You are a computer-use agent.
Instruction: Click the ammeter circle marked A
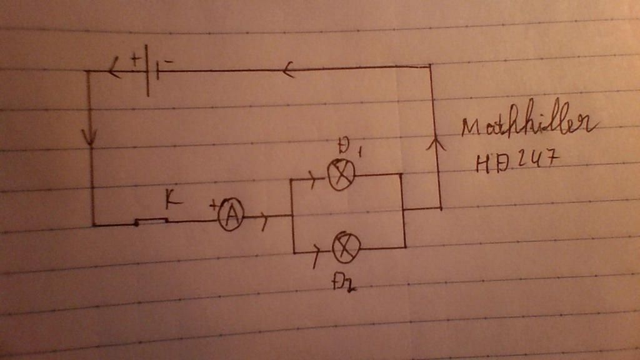[x=231, y=216]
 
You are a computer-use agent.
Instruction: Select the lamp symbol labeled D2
[x=346, y=248]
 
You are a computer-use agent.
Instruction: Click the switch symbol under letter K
[x=152, y=221]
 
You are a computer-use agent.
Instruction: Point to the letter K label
[x=172, y=200]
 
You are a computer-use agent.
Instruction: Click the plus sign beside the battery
[x=135, y=61]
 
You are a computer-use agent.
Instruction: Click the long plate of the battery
[x=147, y=70]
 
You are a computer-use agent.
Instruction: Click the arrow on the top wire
[x=287, y=69]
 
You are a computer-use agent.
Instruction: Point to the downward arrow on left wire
[x=91, y=137]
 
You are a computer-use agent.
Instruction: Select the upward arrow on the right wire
[x=436, y=144]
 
